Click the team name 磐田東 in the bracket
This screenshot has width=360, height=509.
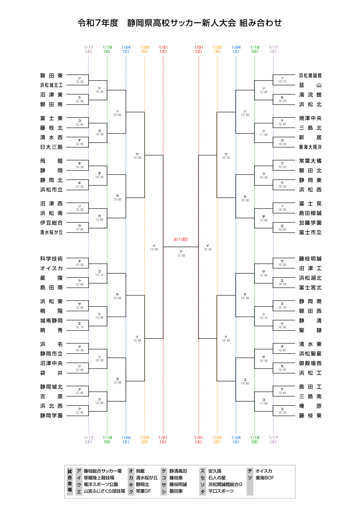click(x=51, y=76)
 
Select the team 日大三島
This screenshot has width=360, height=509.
click(x=51, y=147)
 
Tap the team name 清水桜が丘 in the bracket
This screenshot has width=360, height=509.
click(x=51, y=233)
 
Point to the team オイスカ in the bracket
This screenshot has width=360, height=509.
click(x=51, y=268)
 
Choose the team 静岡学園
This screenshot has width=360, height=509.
click(x=51, y=415)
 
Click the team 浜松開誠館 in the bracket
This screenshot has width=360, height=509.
click(x=310, y=76)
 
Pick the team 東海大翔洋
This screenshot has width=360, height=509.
click(x=310, y=147)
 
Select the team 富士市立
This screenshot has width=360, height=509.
click(x=310, y=233)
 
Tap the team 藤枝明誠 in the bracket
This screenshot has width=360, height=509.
click(x=310, y=259)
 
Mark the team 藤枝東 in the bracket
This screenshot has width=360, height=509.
click(x=310, y=415)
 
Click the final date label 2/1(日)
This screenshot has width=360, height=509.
click(x=181, y=239)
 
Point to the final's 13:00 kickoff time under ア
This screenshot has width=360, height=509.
click(x=181, y=256)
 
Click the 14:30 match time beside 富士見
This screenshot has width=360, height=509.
click(x=282, y=210)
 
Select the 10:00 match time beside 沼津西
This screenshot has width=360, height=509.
click(x=80, y=210)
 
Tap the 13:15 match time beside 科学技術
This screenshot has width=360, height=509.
click(x=99, y=275)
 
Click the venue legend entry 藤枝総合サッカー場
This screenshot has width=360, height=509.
click(x=103, y=471)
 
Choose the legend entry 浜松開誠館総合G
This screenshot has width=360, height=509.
click(x=225, y=485)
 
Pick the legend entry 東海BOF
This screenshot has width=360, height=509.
click(x=265, y=478)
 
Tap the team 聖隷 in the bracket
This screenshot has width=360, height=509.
click(x=310, y=330)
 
